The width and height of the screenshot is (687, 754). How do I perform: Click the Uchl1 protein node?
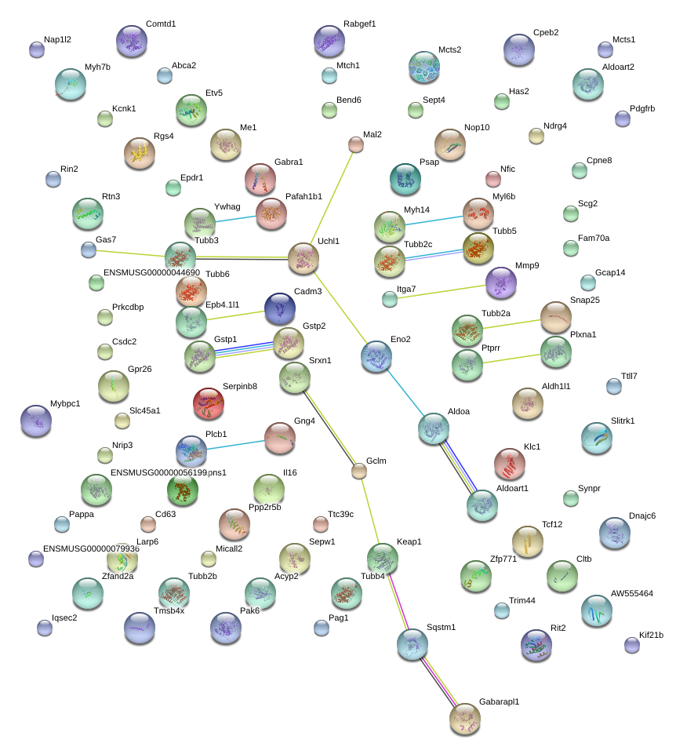[x=304, y=258]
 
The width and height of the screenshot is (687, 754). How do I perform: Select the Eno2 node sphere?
[x=376, y=356]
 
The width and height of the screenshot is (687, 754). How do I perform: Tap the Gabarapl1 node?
[x=465, y=719]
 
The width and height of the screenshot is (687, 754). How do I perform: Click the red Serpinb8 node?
[x=208, y=403]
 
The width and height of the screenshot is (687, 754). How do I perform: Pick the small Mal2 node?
[x=356, y=144]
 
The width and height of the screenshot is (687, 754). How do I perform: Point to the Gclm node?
[x=359, y=472]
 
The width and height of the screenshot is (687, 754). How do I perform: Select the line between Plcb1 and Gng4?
[x=235, y=445]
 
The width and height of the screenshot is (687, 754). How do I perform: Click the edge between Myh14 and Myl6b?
[x=434, y=220]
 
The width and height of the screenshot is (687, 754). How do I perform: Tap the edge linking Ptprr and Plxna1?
[x=511, y=359]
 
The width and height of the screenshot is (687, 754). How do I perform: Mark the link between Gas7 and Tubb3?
[x=130, y=253]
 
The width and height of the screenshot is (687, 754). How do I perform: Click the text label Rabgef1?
[x=360, y=24]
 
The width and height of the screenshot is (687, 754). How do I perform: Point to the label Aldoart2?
[x=618, y=67]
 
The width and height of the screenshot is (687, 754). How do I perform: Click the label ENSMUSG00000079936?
[x=91, y=548]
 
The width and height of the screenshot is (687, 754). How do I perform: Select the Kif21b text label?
[x=652, y=635]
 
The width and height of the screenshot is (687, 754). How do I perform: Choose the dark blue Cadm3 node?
[x=280, y=308]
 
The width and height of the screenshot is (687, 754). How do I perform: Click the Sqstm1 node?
[x=413, y=644]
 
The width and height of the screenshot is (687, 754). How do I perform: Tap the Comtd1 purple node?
[x=132, y=41]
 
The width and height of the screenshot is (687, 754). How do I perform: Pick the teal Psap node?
[x=405, y=179]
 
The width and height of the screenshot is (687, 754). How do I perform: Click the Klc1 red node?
[x=510, y=464]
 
